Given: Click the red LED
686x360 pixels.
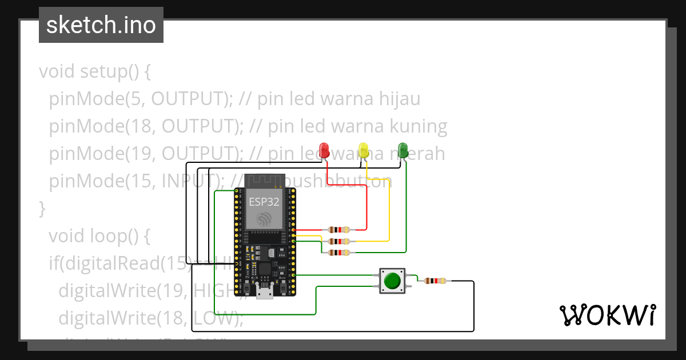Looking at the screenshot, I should tap(325, 150).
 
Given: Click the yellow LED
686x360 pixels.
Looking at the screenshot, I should tap(364, 150).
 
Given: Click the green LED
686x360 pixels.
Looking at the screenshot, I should tap(403, 150).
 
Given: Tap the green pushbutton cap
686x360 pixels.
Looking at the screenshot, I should tap(392, 281).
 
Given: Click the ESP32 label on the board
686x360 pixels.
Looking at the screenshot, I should tap(264, 201).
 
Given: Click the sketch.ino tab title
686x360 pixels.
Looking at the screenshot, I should tap(101, 25).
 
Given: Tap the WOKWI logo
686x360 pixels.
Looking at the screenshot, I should tap(607, 315).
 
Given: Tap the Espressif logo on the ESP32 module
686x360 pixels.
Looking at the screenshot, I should tap(265, 219).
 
